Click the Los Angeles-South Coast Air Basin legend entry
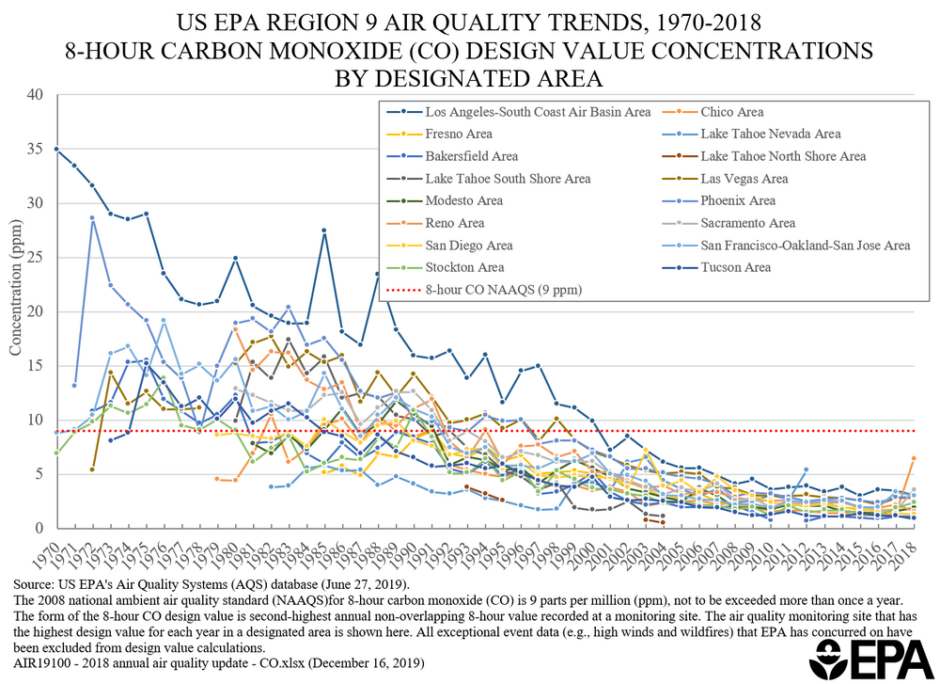pos(537,112)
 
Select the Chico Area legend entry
pos(731,112)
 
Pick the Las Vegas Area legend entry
pos(744,179)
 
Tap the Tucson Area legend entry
pos(736,267)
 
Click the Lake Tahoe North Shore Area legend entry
pos(783,156)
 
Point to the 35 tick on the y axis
pos(36,149)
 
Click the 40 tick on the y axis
pos(36,94)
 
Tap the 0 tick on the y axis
pos(39,529)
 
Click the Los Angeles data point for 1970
pos(56,149)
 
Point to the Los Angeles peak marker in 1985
pos(324,231)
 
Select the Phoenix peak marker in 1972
pos(92,218)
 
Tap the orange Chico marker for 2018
pos(914,458)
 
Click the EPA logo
pos(861,658)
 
